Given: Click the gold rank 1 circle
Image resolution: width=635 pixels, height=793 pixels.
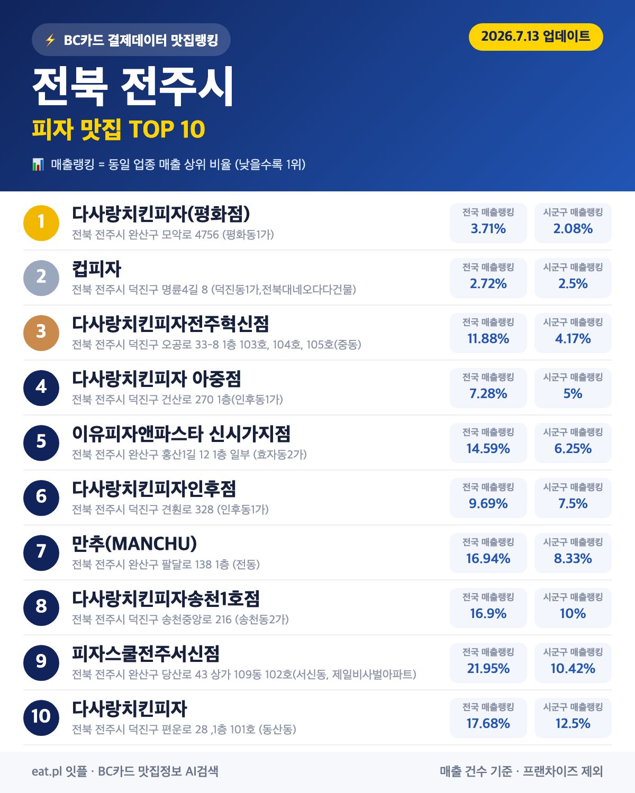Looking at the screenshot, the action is point(41,223).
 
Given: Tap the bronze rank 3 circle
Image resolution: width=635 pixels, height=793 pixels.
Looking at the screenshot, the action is point(41,333).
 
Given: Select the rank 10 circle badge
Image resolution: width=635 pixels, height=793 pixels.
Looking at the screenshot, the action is point(41,717).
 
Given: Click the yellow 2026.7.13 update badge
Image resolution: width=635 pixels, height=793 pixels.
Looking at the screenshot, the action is point(536,37).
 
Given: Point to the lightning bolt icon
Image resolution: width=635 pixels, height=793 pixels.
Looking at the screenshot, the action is point(50,40).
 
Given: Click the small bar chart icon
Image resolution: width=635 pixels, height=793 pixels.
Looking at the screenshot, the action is point(38,164).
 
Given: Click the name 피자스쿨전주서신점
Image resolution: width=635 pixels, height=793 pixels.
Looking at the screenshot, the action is point(146,653).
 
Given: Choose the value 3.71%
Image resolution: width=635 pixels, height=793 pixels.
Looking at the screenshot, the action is point(488,228).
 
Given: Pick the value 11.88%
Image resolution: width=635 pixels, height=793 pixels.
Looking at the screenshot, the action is point(488,338).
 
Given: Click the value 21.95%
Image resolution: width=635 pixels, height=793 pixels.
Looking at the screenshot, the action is point(488,668).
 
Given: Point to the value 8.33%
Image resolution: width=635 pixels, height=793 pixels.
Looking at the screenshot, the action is point(573,558).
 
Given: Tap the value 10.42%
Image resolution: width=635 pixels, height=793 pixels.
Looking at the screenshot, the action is point(573,668).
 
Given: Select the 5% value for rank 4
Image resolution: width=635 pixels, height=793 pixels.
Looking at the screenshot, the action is point(573,393).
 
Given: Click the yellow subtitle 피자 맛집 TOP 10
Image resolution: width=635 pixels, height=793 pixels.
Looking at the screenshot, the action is point(119,130).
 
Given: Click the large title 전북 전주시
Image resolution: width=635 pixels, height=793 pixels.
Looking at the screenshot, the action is point(133,87).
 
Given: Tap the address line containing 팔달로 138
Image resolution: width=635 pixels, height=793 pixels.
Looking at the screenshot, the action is point(166,564).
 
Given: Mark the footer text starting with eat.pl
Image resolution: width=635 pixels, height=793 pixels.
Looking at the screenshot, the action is point(125,771).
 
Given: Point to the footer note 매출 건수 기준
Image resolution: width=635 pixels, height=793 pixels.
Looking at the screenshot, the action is point(476,771).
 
